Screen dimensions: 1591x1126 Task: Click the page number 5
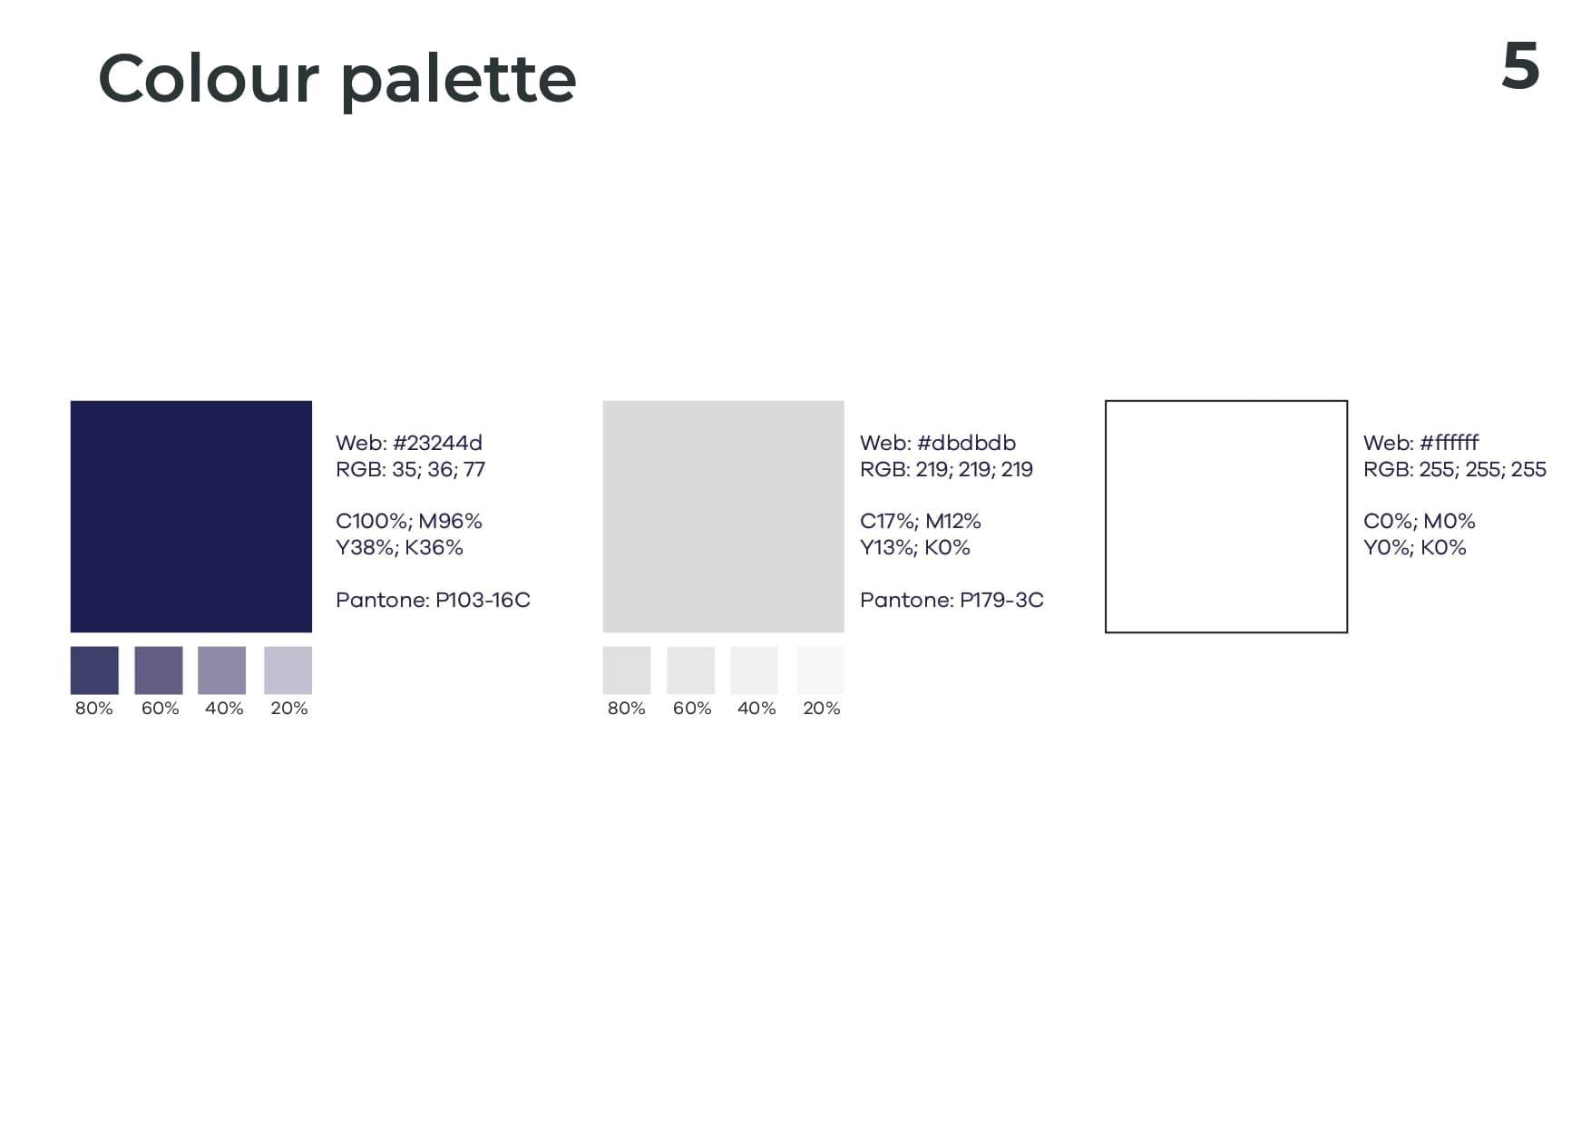[x=1520, y=66]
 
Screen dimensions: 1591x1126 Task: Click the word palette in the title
[x=458, y=81]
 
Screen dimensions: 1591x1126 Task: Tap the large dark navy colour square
[x=191, y=516]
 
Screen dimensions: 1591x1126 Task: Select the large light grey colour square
[x=723, y=516]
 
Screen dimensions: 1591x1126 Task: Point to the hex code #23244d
[x=438, y=443]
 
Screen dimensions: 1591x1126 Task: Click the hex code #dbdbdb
[x=967, y=443]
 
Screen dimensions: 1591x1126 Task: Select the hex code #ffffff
[x=1449, y=443]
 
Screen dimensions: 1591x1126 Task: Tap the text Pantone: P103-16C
[x=433, y=600]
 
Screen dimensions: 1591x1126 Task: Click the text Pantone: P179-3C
[x=952, y=600]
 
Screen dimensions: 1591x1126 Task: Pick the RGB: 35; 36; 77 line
[x=410, y=469]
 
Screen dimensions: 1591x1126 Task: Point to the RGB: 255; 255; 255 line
[x=1455, y=469]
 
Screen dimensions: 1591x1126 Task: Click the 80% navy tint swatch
[x=94, y=671]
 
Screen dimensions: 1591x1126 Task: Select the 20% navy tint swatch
[x=288, y=671]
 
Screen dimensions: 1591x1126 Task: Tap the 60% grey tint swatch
[x=690, y=671]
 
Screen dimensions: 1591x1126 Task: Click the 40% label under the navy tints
[x=224, y=709]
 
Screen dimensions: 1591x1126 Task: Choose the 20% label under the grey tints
[x=822, y=709]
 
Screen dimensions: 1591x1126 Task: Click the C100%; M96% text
[x=409, y=522]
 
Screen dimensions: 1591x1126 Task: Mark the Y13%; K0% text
[x=915, y=547]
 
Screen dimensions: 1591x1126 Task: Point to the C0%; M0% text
[x=1420, y=522]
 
